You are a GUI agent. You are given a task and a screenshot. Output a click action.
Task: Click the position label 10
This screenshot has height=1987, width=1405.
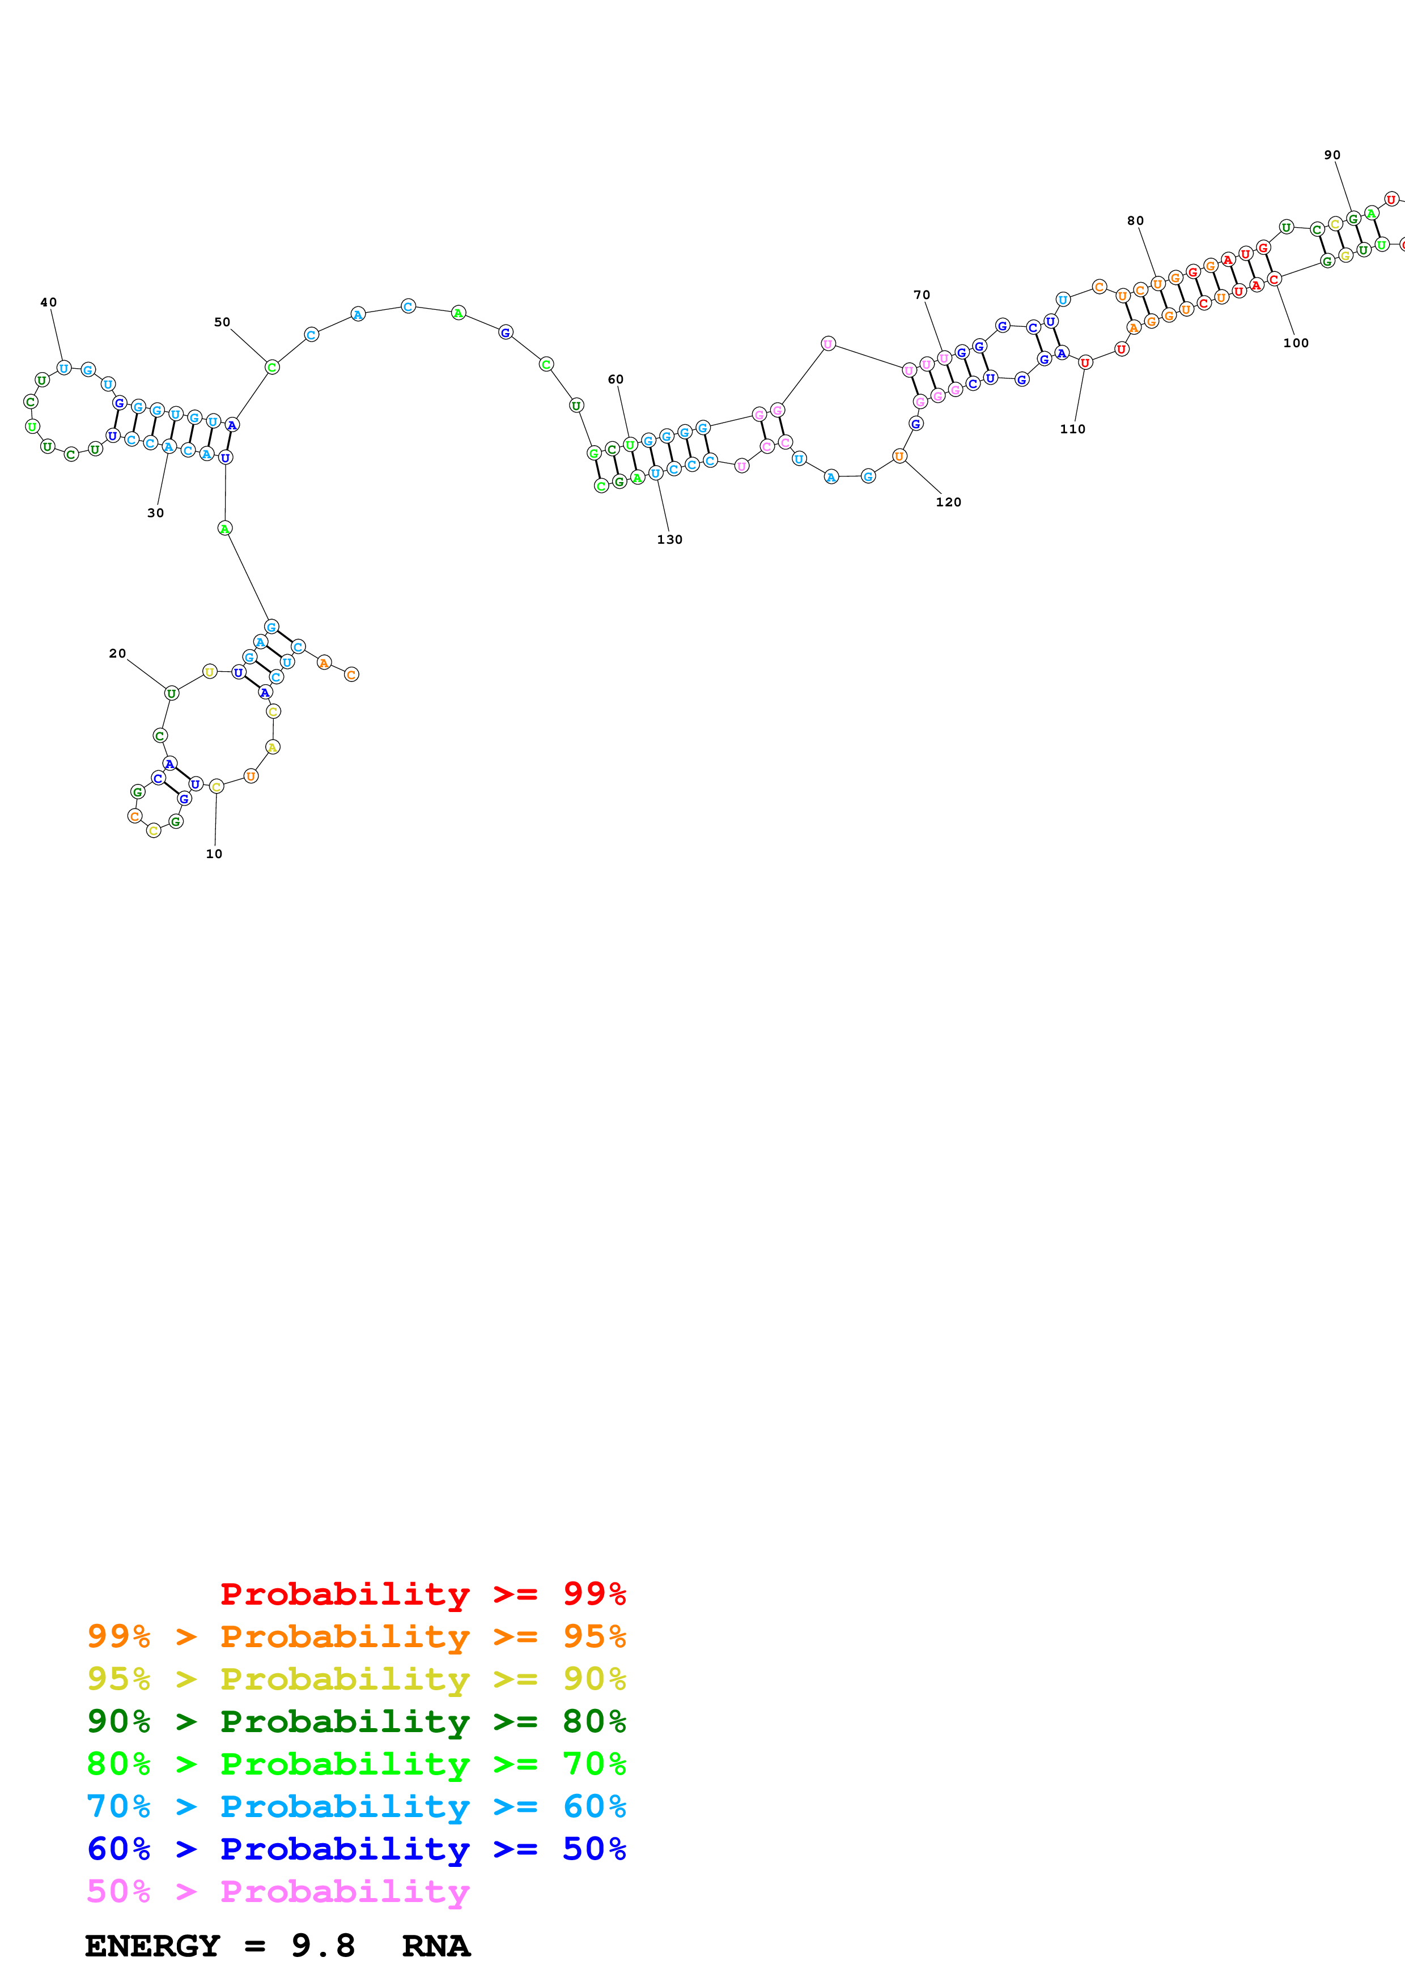(x=214, y=854)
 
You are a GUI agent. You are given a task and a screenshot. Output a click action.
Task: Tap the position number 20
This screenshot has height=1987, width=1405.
(x=118, y=654)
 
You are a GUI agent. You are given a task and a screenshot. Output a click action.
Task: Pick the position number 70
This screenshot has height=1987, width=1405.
(x=922, y=295)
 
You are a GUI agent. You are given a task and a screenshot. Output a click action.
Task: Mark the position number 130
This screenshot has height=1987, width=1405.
(x=670, y=540)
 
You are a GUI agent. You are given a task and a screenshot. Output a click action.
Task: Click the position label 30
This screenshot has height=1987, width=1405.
(x=156, y=513)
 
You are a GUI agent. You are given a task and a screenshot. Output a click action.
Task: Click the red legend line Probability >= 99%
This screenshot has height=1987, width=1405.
(x=422, y=1594)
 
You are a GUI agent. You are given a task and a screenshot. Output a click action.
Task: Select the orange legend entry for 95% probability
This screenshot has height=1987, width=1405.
(x=356, y=1636)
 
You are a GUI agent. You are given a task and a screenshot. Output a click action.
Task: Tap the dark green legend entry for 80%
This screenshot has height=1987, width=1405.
(x=356, y=1721)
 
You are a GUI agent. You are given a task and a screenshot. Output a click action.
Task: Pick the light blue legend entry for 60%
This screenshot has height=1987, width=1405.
(x=356, y=1806)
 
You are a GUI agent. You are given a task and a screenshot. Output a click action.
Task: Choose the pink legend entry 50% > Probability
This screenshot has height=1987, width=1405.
(x=277, y=1891)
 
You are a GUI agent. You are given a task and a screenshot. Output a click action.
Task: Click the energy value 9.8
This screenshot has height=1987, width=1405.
(x=323, y=1946)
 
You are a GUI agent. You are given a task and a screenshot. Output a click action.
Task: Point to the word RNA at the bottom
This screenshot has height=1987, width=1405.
(x=436, y=1946)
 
